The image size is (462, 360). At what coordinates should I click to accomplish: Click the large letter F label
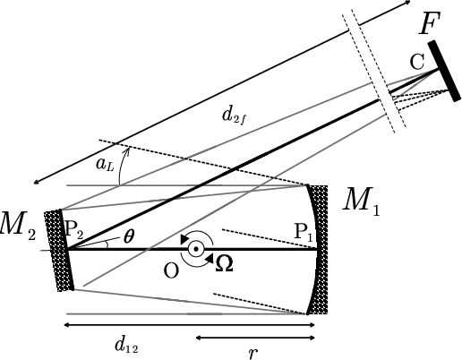click(430, 23)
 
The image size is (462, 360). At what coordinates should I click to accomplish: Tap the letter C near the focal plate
click(416, 62)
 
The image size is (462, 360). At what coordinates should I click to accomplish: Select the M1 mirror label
click(361, 201)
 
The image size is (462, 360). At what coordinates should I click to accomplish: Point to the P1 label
click(304, 233)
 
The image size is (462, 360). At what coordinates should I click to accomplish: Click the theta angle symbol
click(129, 236)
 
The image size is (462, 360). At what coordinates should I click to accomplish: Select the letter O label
click(171, 271)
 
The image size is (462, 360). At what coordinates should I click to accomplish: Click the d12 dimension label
click(126, 346)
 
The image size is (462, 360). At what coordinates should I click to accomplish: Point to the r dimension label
click(253, 353)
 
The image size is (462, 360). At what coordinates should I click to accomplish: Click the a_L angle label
click(105, 165)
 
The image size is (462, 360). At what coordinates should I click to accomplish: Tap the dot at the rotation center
click(196, 249)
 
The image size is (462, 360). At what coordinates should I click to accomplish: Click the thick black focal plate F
click(444, 71)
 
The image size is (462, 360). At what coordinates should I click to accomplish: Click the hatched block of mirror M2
click(57, 251)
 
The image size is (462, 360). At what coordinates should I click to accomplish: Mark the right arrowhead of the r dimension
click(312, 338)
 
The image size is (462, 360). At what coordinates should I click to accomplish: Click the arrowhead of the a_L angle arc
click(128, 150)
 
